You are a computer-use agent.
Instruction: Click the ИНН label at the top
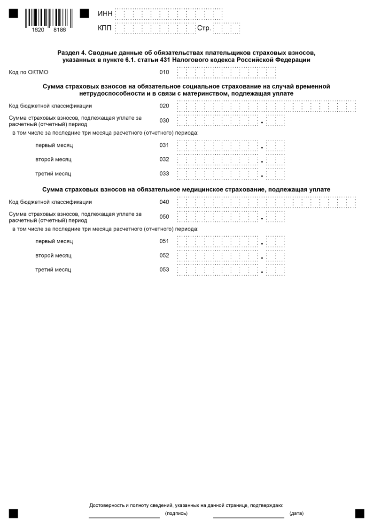tap(105, 14)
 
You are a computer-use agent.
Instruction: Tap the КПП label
tap(105, 29)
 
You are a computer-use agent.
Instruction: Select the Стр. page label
tap(203, 29)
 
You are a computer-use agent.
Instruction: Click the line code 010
tap(164, 72)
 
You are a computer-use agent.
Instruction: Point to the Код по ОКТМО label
tap(29, 72)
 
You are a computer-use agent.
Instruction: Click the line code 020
tap(164, 106)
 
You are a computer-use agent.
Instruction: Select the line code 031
tap(164, 145)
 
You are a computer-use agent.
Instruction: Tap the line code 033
tap(164, 174)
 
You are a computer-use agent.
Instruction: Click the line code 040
tap(164, 202)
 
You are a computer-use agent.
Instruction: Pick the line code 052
tap(164, 255)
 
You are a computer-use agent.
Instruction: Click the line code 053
tap(164, 269)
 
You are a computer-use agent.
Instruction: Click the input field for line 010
tap(226, 73)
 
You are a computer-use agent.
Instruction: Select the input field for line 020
tap(266, 106)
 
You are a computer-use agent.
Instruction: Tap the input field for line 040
tap(266, 203)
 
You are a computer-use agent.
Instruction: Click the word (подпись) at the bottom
tap(176, 513)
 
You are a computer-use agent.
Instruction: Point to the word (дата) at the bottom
tap(296, 513)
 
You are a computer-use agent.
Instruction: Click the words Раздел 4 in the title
tap(71, 53)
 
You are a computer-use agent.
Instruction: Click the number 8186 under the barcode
tap(60, 29)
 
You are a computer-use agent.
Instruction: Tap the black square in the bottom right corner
tap(359, 513)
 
